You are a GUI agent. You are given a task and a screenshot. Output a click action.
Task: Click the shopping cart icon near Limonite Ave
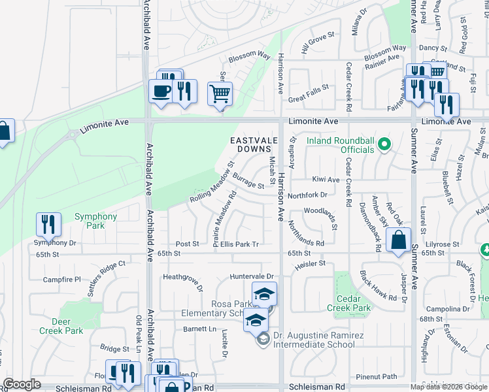(x=220, y=93)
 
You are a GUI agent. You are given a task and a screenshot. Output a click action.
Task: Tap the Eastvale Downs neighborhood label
(x=248, y=145)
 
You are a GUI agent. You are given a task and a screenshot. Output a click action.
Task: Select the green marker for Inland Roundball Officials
(x=384, y=144)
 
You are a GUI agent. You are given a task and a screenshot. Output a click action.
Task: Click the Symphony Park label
(x=95, y=221)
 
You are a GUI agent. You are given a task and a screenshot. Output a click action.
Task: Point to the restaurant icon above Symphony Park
(x=48, y=225)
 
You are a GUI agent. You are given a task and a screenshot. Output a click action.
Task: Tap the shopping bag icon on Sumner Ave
(x=399, y=240)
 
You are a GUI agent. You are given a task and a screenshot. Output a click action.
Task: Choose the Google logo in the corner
(x=22, y=384)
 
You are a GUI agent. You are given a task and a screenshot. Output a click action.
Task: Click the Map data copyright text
(x=448, y=387)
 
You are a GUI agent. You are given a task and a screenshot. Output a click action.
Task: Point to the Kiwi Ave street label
(x=326, y=179)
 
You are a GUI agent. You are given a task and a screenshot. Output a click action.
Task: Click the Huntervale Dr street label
(x=251, y=277)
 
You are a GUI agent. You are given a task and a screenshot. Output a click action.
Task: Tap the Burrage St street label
(x=248, y=181)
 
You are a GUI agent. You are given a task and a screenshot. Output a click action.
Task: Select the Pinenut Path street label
(x=377, y=377)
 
